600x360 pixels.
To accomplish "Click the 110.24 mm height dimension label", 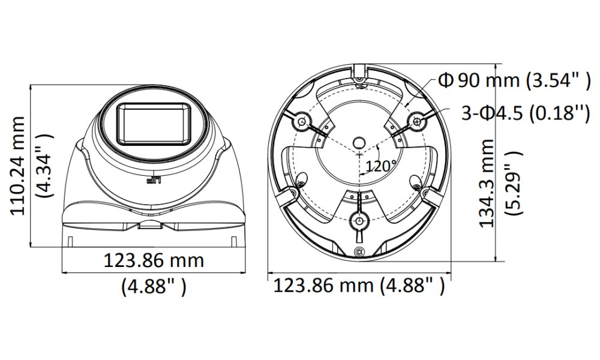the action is point(17,166).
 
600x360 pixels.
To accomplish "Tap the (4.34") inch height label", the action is point(43,166).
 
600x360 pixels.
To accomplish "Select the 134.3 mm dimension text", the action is point(487,183).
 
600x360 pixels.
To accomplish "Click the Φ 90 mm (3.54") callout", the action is point(515,81).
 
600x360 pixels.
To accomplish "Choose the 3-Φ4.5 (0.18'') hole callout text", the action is point(526,113).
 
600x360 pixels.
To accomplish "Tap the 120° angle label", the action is point(381,166).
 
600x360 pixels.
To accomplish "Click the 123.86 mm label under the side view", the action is point(154,261).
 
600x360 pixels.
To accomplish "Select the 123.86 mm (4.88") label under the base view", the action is point(359,286).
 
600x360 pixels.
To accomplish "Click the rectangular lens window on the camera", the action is point(154,124).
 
